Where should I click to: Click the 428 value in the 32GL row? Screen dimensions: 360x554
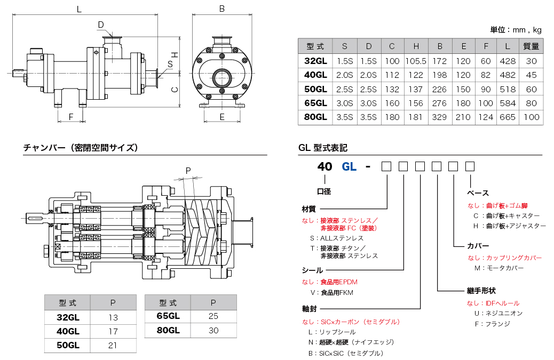507,61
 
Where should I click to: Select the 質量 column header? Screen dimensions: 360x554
531,46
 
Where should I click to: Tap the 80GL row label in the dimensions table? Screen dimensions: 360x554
315,117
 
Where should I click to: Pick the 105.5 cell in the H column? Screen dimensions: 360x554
416,61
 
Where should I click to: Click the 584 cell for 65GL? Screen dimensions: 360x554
507,103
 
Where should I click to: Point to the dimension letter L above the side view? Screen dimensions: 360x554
79,9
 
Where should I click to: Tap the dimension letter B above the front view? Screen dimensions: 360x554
222,9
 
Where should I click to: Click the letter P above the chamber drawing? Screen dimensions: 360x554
188,170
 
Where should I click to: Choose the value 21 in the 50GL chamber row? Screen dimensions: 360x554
113,345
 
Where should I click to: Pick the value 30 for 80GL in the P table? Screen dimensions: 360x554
213,330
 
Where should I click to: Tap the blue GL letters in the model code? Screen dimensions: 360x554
349,166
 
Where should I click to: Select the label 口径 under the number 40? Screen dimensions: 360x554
324,191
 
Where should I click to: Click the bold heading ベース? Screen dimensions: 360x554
478,193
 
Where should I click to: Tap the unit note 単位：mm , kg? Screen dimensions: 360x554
516,30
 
